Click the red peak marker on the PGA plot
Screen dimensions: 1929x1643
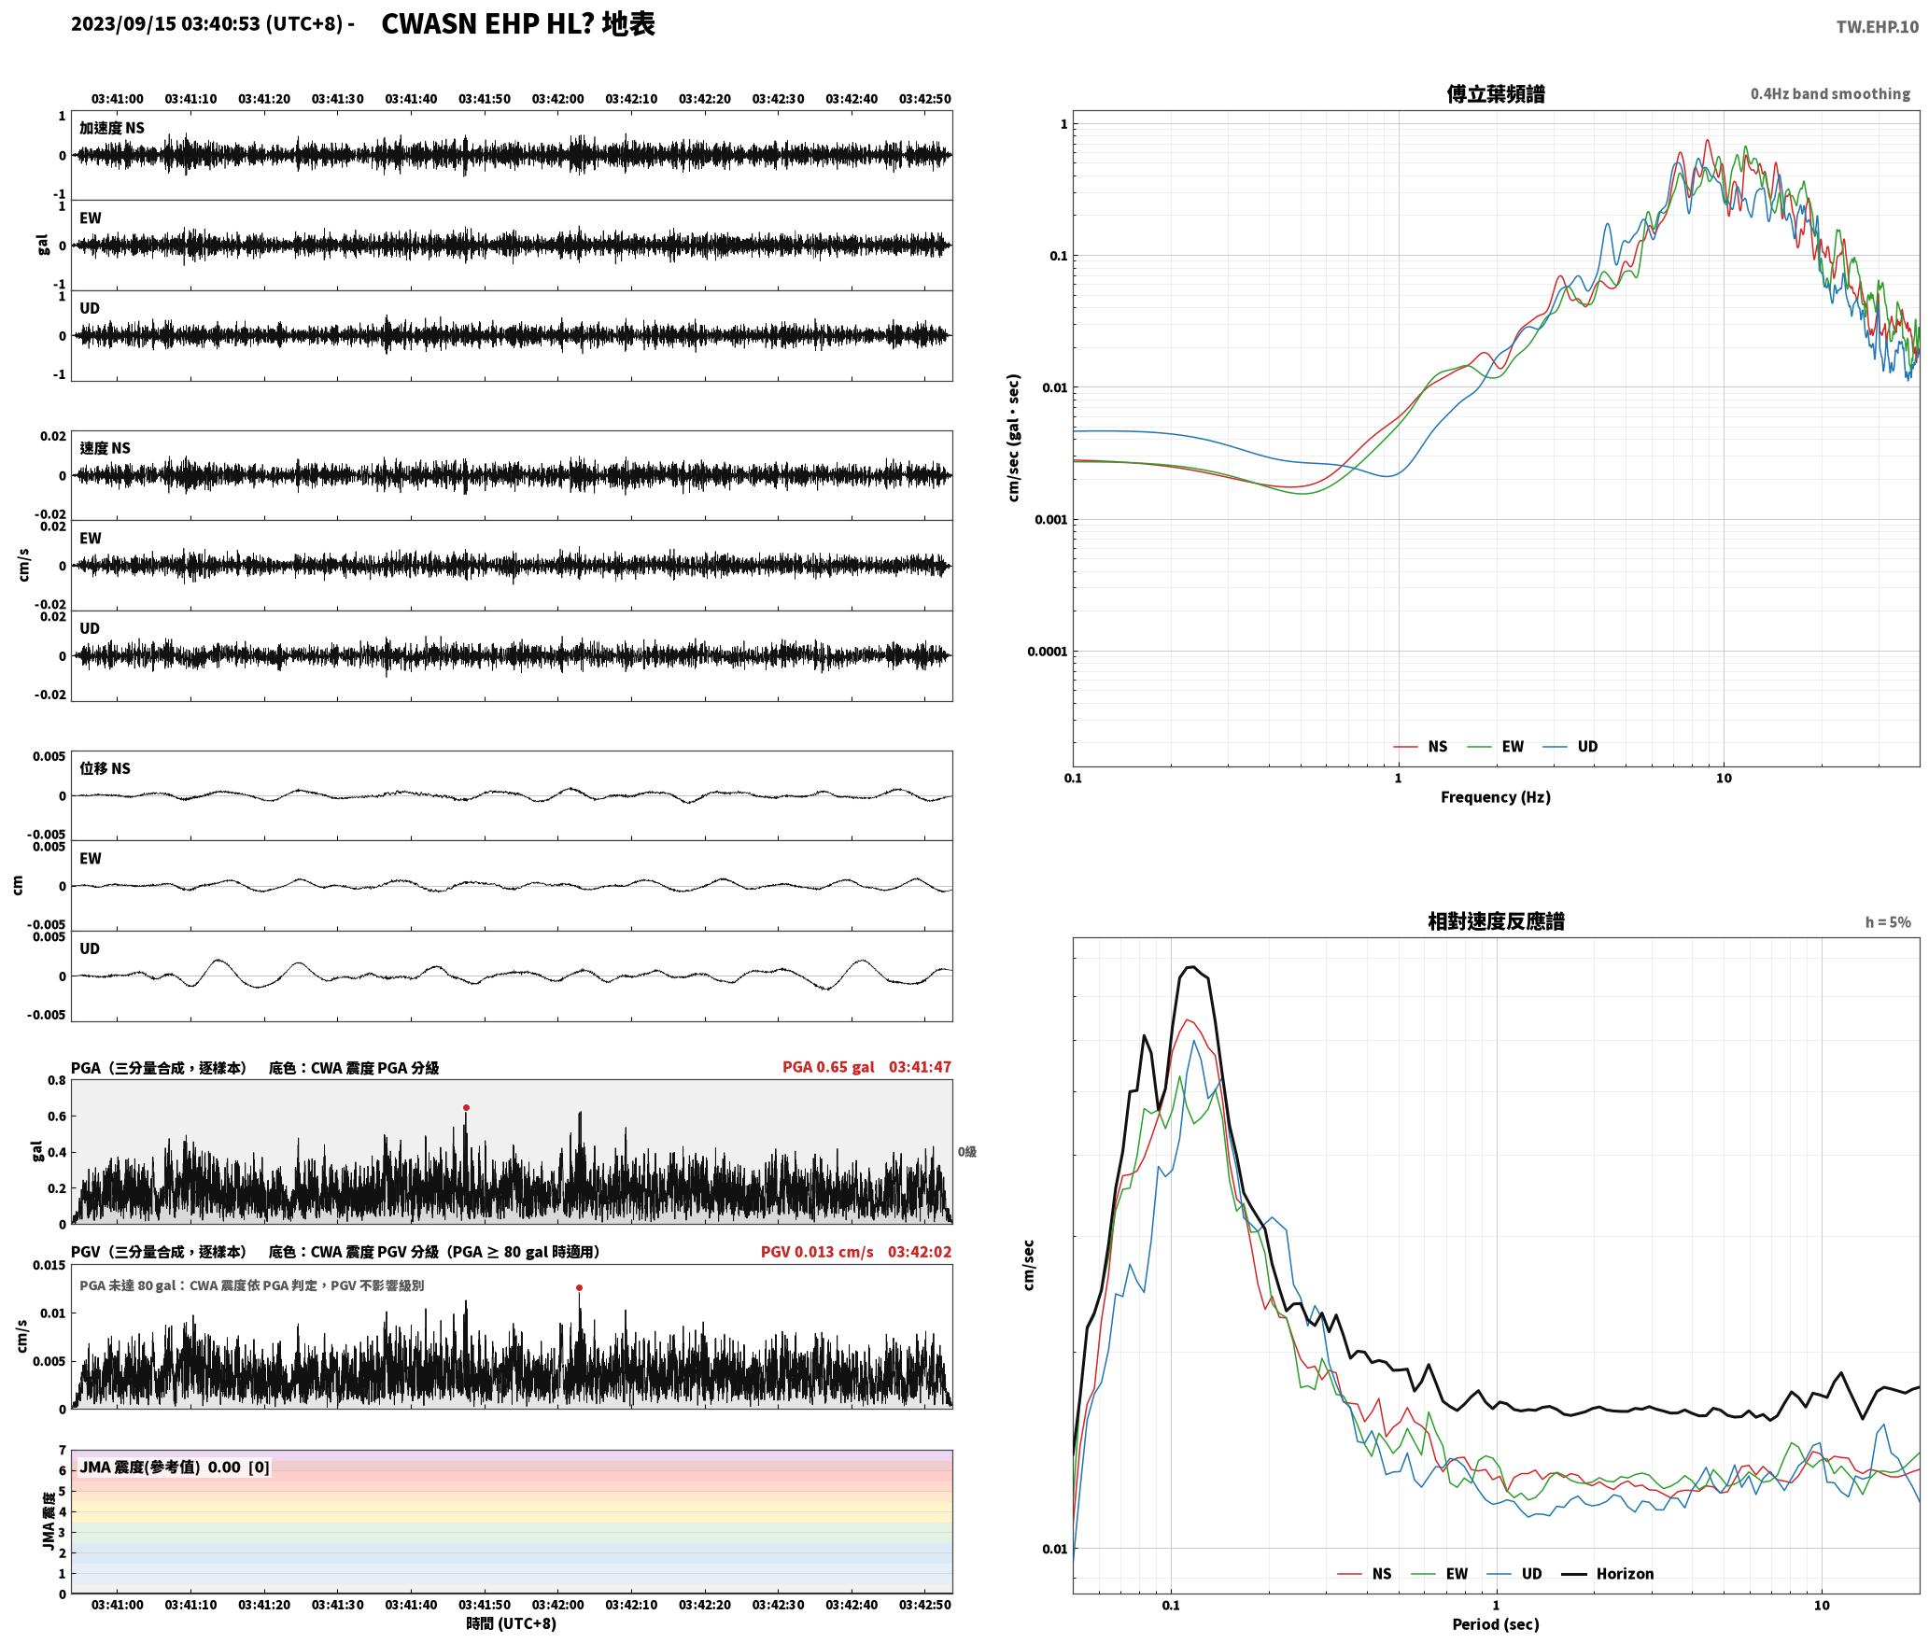point(466,1108)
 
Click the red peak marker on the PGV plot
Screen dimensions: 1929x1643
point(579,1288)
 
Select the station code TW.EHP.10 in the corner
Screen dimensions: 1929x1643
point(1877,27)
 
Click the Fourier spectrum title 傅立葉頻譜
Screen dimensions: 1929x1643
point(1495,94)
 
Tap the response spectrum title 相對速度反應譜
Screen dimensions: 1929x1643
point(1496,921)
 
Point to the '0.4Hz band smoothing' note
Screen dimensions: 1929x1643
point(1830,94)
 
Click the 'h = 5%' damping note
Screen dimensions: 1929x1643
point(1888,922)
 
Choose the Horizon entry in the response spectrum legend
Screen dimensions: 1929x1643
point(1609,1574)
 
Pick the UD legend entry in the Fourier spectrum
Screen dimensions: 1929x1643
point(1570,747)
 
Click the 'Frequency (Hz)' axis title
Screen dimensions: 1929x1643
point(1495,797)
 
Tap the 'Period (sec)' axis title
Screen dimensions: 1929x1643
point(1495,1624)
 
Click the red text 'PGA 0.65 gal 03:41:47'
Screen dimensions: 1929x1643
point(866,1067)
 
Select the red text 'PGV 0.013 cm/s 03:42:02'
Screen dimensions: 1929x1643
point(856,1252)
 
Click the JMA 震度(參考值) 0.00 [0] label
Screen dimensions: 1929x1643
point(175,1467)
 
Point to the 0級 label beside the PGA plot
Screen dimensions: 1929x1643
point(967,1152)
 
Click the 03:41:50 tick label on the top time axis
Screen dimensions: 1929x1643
point(485,99)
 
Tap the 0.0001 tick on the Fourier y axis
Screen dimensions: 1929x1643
point(1047,652)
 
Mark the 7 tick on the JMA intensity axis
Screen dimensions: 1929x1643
point(63,1451)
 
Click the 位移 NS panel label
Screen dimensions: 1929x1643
point(105,769)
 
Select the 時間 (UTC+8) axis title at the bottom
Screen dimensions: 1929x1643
point(512,1624)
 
